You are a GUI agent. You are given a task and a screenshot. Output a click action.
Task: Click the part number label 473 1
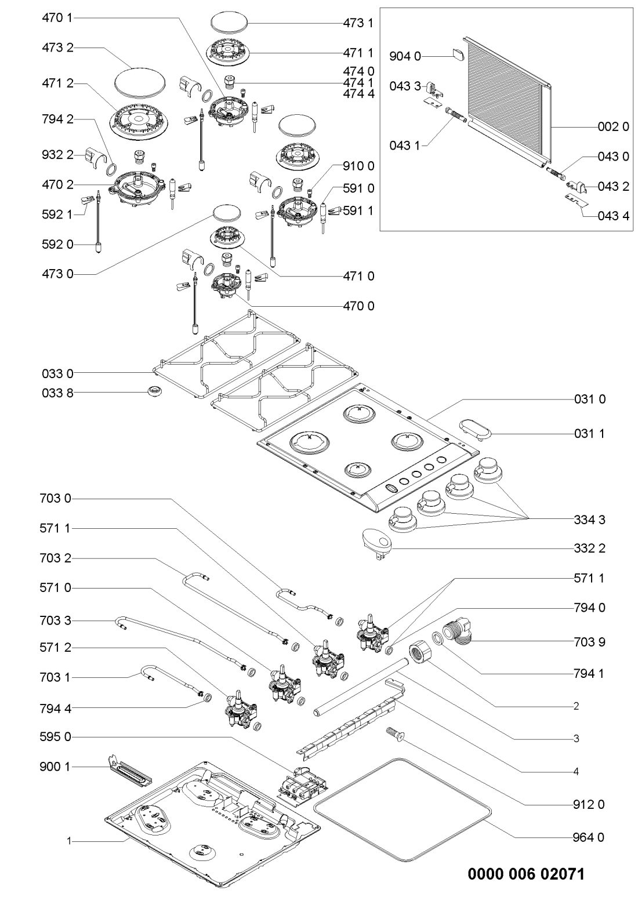click(358, 23)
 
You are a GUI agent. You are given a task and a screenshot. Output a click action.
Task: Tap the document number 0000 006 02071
click(526, 873)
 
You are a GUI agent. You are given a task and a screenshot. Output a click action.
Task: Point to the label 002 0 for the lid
click(613, 127)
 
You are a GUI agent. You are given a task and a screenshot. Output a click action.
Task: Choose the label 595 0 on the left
click(56, 737)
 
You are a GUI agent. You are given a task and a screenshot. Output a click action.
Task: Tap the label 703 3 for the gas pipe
click(56, 621)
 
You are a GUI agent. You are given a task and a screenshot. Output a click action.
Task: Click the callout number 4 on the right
click(577, 771)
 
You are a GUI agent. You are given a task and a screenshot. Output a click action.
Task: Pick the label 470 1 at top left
click(56, 19)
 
